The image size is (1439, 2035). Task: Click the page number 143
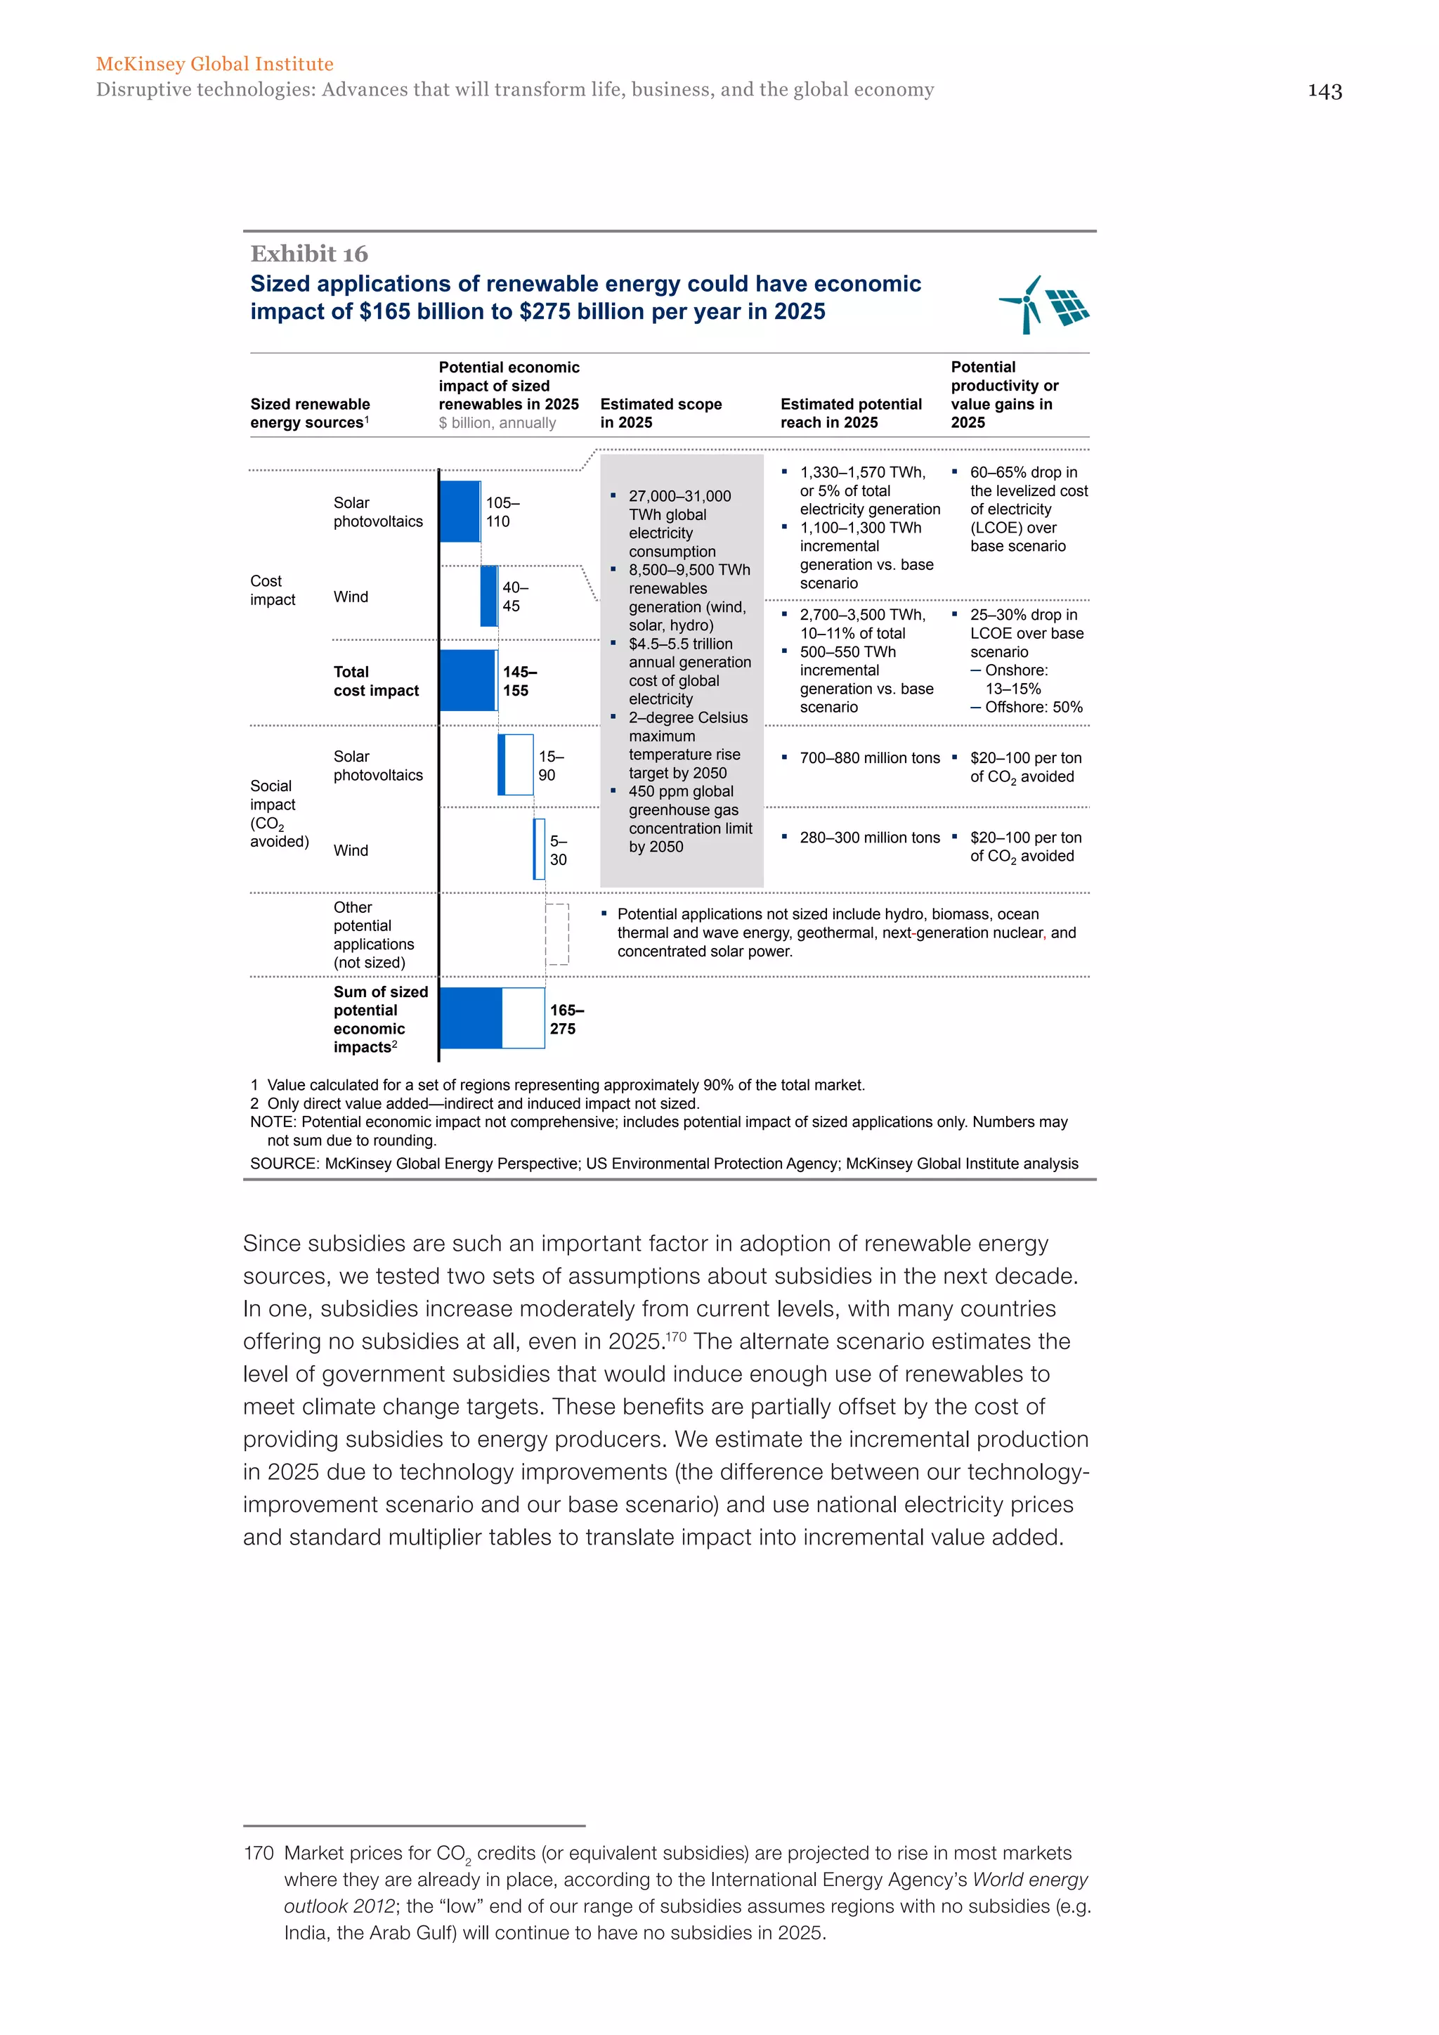(x=1324, y=91)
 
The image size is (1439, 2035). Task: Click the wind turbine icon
(x=1024, y=305)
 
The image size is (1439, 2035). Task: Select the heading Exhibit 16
(x=308, y=254)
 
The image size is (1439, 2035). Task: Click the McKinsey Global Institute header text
(x=214, y=64)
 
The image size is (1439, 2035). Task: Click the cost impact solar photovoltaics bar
(x=460, y=512)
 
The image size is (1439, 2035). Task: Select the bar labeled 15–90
(x=516, y=765)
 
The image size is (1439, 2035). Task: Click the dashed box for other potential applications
(x=556, y=933)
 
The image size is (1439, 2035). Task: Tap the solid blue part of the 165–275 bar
(x=471, y=1017)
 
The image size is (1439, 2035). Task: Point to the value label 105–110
(x=502, y=512)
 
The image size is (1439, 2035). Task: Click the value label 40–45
(x=515, y=597)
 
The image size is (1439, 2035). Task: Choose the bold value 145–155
(x=519, y=681)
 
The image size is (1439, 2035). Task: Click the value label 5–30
(x=558, y=850)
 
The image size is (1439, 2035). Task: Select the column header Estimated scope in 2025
(x=660, y=413)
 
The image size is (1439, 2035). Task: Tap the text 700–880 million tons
(x=869, y=758)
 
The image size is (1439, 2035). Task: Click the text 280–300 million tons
(x=869, y=838)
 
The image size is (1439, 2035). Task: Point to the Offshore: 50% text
(x=1033, y=708)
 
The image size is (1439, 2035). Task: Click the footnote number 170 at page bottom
(x=258, y=1852)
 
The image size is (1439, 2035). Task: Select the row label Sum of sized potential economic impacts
(x=380, y=1020)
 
